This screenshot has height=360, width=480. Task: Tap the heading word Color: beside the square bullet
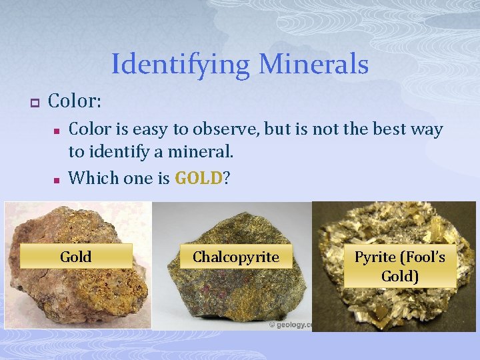[75, 101]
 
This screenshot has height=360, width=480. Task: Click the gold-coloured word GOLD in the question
[198, 178]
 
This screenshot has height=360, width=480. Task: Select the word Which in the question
[91, 178]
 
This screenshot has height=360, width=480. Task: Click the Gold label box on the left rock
[76, 257]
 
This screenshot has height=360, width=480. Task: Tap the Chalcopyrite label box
[236, 257]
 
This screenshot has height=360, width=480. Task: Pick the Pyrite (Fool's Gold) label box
[400, 266]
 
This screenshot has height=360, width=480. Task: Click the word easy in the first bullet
[148, 129]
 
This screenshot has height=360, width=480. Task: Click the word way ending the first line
[427, 129]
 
